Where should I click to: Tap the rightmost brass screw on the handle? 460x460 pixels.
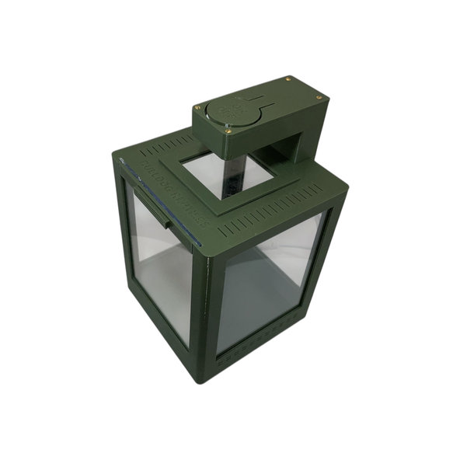tap(318, 96)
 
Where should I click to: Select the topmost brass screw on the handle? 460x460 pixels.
tap(288, 78)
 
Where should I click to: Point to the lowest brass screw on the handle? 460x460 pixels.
tap(228, 131)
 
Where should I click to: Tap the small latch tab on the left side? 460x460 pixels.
tap(164, 221)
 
